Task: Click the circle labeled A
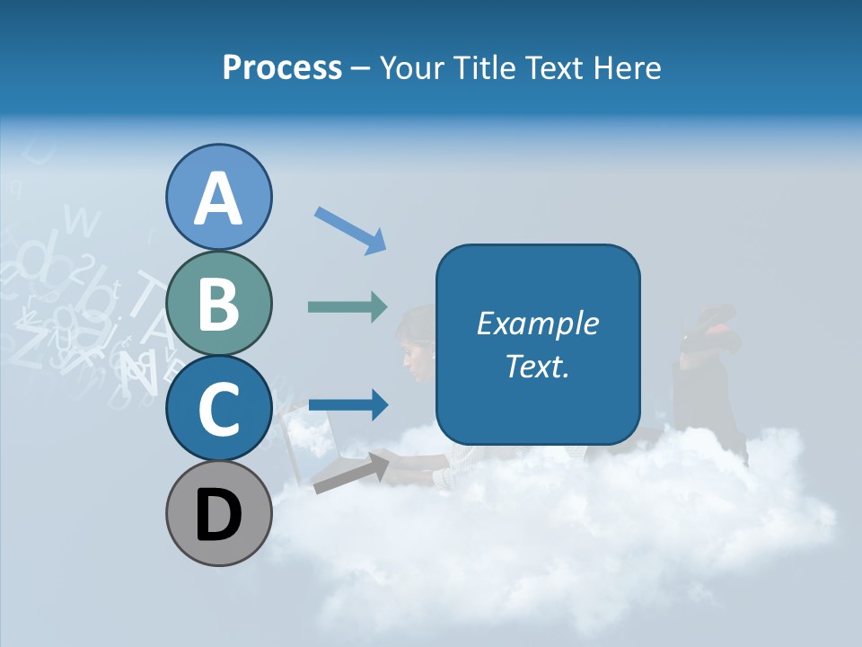point(219,198)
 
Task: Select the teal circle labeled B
point(219,304)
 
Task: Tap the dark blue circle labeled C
point(219,409)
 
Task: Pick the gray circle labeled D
point(219,514)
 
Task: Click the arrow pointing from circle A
point(350,229)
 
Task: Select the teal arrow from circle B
point(348,307)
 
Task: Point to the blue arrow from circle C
point(348,404)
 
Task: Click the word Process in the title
point(282,67)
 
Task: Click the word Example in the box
point(537,323)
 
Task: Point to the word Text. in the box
point(537,366)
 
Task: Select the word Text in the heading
point(551,67)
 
